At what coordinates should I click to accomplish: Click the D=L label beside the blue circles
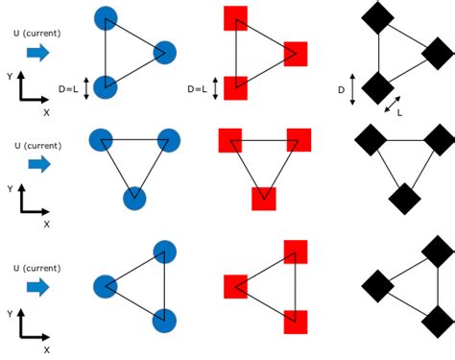click(69, 89)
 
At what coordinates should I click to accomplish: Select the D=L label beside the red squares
click(196, 89)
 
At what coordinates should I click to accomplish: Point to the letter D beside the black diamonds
click(341, 89)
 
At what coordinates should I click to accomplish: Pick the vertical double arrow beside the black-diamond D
click(355, 89)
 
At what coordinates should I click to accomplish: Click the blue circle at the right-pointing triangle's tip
click(165, 53)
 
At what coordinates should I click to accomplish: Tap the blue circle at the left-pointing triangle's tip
click(105, 286)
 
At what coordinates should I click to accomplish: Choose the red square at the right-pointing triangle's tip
click(295, 54)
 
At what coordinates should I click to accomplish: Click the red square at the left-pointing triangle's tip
click(235, 286)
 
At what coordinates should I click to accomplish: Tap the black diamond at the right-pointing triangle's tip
click(438, 54)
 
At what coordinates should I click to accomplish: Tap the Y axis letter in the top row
click(8, 75)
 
